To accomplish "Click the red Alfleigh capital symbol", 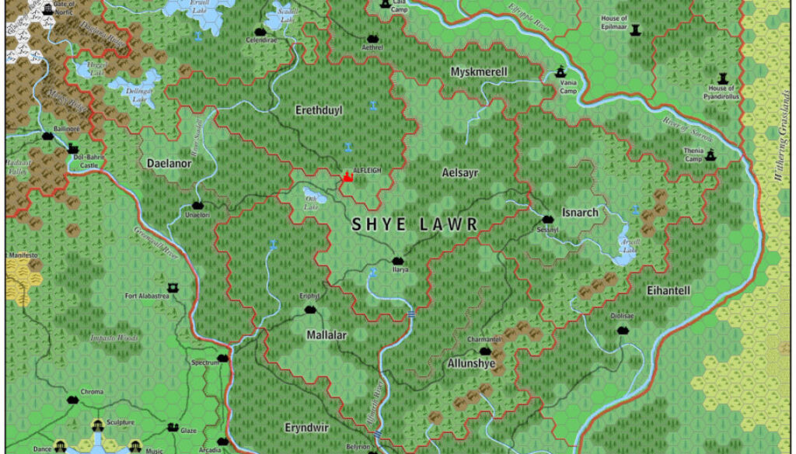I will pos(347,178).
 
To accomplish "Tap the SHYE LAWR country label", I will pos(414,225).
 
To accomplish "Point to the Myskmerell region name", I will pos(479,72).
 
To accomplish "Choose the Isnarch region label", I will pos(580,212).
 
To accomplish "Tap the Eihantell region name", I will pos(669,290).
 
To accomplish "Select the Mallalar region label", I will pos(326,335).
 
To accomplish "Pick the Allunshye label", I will pos(471,363).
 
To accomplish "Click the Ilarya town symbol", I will pos(399,260).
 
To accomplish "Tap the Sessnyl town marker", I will pos(547,220).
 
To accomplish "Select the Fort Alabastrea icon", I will pos(173,287).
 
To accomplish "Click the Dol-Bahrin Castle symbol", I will pos(74,148).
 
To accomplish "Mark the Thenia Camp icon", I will pos(710,155).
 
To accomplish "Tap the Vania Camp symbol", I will pos(562,69).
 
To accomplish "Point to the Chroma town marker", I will pos(74,399).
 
